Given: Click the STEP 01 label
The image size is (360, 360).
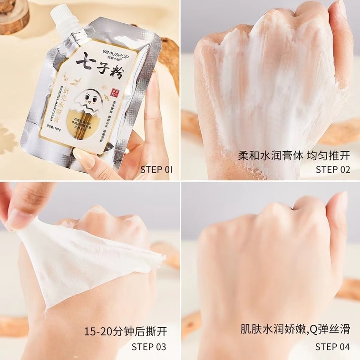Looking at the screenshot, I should click(x=156, y=169).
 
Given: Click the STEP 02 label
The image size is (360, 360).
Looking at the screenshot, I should click(x=333, y=169).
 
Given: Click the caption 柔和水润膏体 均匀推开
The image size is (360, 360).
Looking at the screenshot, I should click(x=294, y=155).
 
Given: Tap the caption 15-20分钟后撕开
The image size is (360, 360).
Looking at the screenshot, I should click(x=126, y=331).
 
